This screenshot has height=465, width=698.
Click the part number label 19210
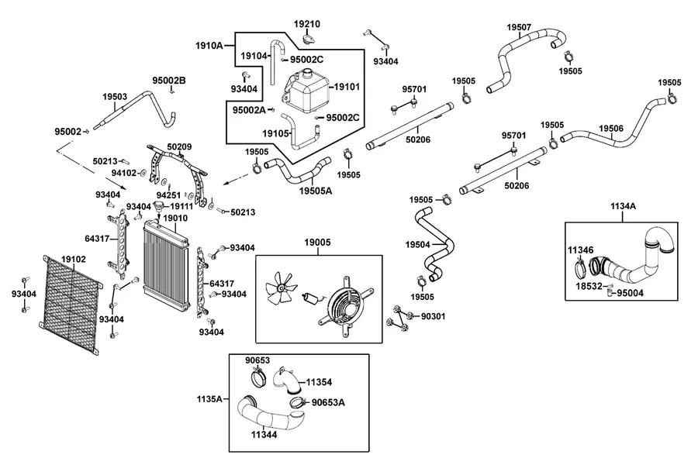click(x=306, y=24)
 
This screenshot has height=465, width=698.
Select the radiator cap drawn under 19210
click(x=307, y=39)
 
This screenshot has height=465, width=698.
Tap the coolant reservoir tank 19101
click(x=306, y=91)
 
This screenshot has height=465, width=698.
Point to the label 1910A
click(x=209, y=46)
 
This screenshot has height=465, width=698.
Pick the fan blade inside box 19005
click(x=281, y=288)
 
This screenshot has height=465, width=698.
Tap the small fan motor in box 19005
click(x=311, y=298)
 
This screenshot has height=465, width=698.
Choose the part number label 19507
click(x=519, y=27)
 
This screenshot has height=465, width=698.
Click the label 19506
click(x=611, y=129)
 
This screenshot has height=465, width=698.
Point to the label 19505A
click(x=315, y=191)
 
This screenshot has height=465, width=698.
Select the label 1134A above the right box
click(x=623, y=206)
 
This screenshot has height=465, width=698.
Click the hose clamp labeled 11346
click(x=580, y=268)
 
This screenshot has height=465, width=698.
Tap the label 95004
click(x=630, y=293)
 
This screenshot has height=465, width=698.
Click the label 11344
click(x=264, y=434)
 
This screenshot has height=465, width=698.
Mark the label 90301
click(x=433, y=316)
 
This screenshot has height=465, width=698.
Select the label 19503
click(x=115, y=96)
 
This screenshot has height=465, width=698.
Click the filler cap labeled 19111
click(x=158, y=206)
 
